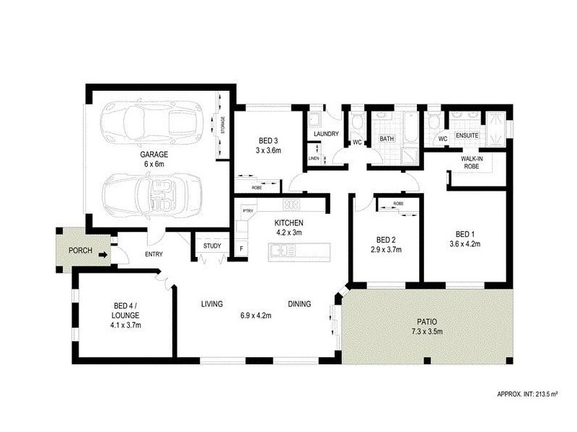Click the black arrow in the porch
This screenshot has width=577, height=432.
tap(105, 253)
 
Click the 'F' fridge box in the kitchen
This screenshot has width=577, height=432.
tap(242, 249)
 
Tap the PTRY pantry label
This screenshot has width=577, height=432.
tap(247, 210)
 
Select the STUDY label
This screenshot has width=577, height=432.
tap(212, 246)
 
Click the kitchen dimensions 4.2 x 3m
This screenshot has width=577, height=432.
tap(288, 233)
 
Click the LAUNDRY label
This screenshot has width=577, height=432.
tap(326, 133)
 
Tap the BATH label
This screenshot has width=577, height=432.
tap(387, 139)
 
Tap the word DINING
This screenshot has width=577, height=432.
tap(299, 304)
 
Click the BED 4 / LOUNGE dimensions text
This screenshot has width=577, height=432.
tap(121, 325)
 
